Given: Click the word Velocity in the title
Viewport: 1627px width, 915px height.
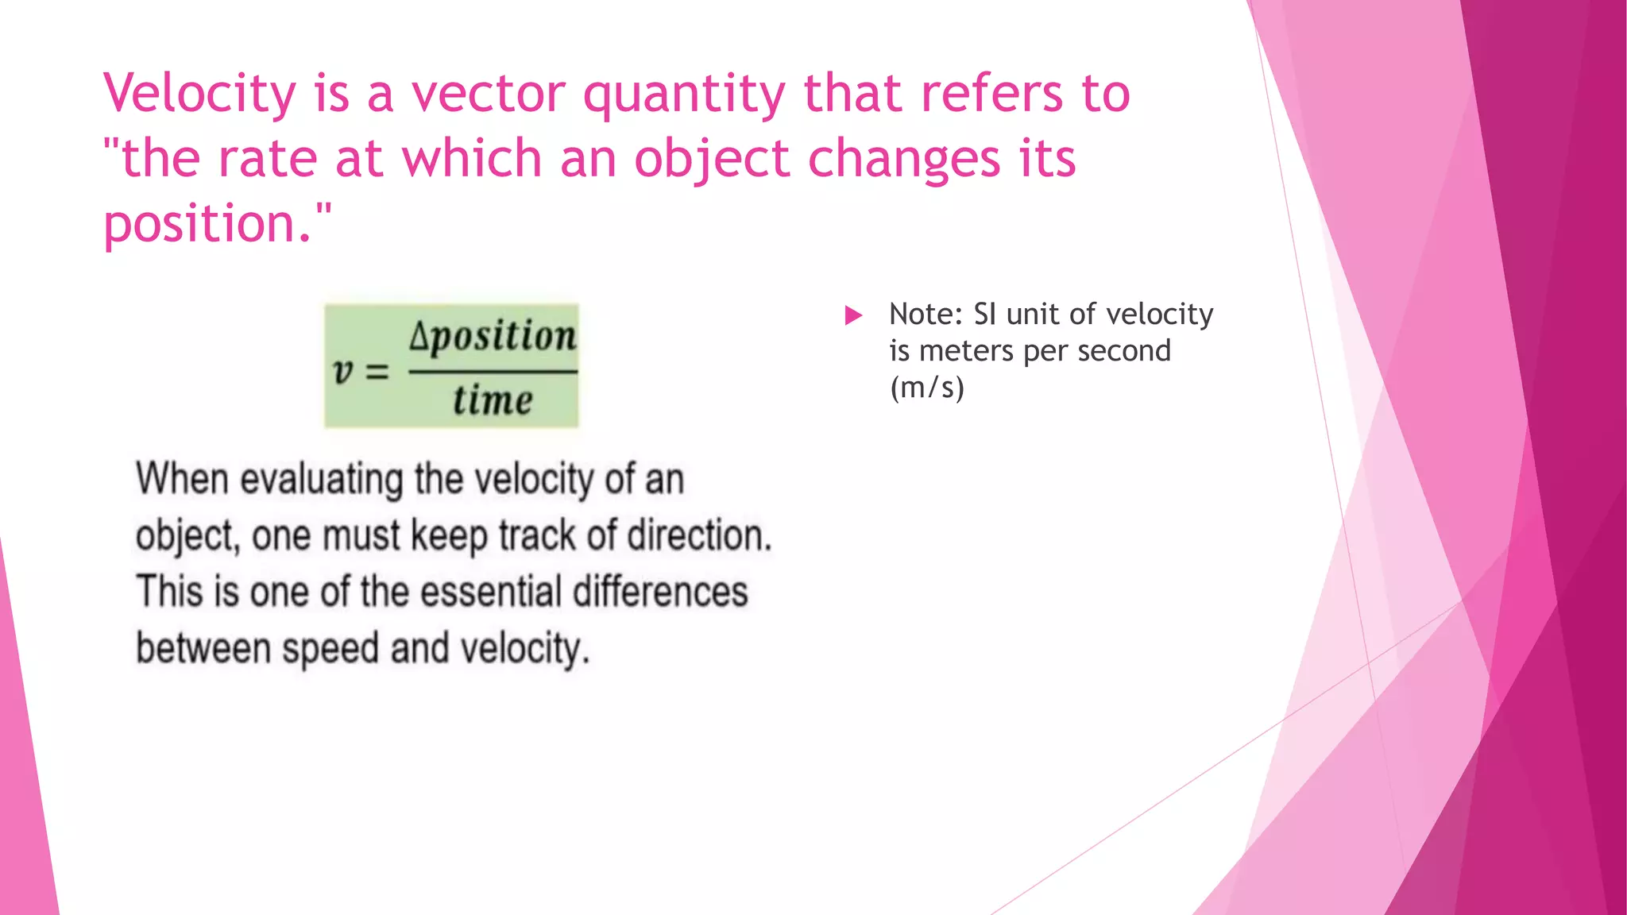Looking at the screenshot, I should coord(199,94).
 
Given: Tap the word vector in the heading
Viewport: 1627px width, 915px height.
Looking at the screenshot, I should coord(487,94).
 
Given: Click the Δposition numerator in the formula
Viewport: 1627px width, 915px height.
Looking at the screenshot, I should coord(493,337).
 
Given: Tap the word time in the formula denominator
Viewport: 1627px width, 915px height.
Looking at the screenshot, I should coord(493,400).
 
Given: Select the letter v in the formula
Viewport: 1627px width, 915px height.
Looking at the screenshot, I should coord(342,371).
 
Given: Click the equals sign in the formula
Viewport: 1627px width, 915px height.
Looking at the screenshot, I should coord(377,371).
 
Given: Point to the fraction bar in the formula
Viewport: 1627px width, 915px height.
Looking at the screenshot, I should coord(493,371).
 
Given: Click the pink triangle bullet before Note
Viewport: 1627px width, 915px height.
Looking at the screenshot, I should coord(853,315).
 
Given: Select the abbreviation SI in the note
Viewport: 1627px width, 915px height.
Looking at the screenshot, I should coord(984,314).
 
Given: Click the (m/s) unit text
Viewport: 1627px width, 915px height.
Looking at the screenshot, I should coord(926,388).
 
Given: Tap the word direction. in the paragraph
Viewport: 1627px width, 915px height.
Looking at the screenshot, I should coord(699,535).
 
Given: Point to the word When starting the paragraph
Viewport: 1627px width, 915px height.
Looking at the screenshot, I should coord(182,479).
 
